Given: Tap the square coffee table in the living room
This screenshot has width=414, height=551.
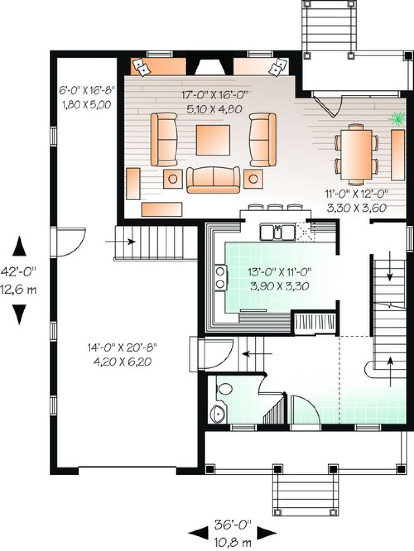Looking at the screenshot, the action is click(213, 140).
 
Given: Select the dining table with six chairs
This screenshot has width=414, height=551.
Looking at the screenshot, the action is click(356, 154).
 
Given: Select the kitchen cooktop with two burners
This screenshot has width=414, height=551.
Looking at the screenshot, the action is click(221, 277).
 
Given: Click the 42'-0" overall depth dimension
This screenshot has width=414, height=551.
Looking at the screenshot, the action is click(18, 272).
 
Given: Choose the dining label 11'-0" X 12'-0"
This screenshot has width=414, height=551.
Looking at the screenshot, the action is click(357, 194).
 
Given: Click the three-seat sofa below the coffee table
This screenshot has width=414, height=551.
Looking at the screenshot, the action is click(213, 180).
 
